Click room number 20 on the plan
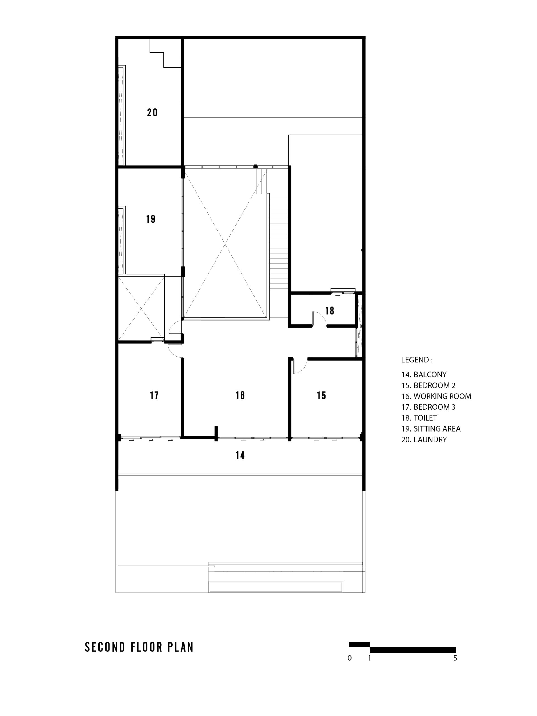[x=152, y=112]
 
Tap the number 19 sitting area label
[x=150, y=219]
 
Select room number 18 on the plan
[x=329, y=311]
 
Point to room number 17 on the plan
[x=154, y=395]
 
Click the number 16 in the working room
[x=240, y=395]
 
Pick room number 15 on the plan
[x=321, y=395]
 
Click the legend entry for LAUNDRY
[x=424, y=440]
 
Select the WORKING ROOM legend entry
[x=436, y=396]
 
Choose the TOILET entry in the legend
[x=419, y=418]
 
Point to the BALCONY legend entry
[x=424, y=375]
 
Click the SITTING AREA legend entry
[x=431, y=428]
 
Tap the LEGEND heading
[x=416, y=360]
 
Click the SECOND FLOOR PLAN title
[x=139, y=647]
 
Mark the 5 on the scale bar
[x=455, y=658]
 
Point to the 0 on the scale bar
[x=350, y=658]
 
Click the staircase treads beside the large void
[x=279, y=243]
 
